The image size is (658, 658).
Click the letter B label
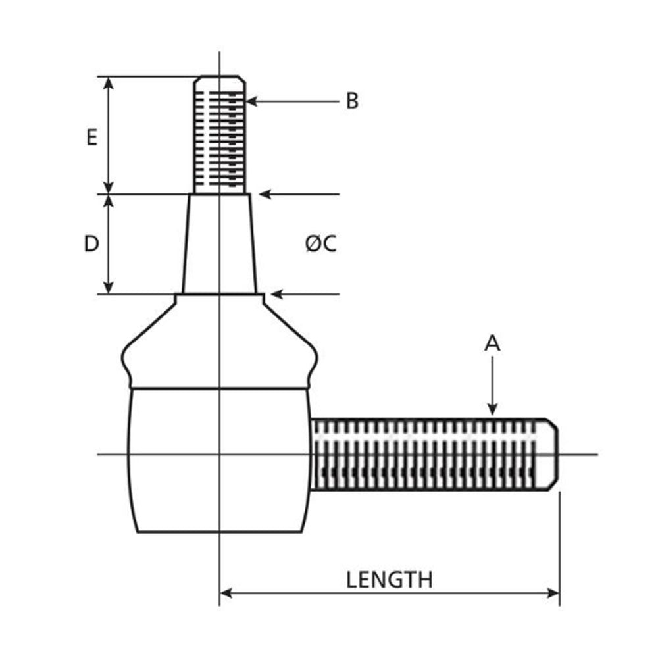[353, 101]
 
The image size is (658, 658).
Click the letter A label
[492, 343]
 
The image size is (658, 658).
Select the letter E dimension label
[91, 138]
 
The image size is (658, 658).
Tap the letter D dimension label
[91, 244]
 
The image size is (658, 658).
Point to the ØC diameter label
[321, 244]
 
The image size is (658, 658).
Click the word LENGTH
[390, 580]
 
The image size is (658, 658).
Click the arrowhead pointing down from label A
[492, 409]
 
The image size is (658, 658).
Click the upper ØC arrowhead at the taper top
[265, 194]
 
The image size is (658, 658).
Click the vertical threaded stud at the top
[220, 135]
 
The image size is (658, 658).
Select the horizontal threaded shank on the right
[428, 454]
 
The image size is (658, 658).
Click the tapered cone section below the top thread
[219, 243]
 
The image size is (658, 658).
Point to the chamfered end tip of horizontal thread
[553, 454]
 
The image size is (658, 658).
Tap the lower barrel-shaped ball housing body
[219, 461]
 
